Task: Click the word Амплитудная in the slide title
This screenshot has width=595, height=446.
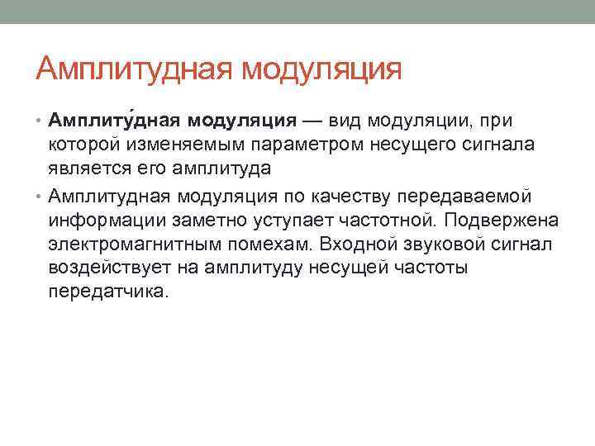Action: [134, 68]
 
